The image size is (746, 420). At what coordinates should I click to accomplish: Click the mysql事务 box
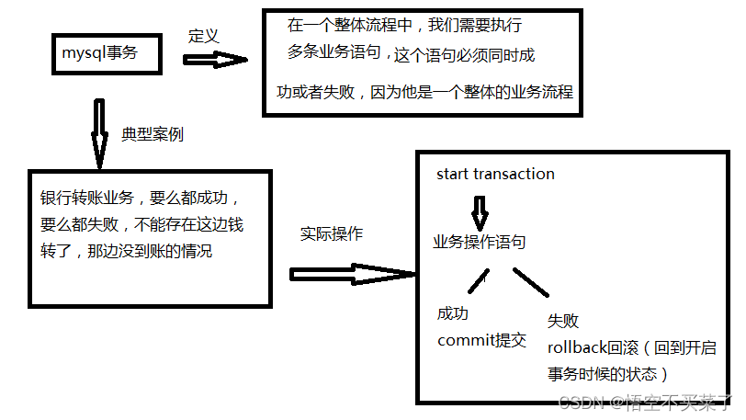[108, 54]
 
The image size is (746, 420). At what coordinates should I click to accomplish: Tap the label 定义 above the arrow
[203, 36]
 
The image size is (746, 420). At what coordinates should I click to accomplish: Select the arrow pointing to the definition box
[216, 59]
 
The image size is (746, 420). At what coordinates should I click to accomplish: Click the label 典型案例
[153, 134]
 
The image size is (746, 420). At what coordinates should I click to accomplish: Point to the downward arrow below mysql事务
[99, 132]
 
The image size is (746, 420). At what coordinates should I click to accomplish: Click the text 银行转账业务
[85, 198]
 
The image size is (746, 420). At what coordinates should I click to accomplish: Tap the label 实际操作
[331, 233]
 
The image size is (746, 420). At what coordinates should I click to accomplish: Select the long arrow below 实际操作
[353, 273]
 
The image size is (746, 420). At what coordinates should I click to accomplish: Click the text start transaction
[495, 174]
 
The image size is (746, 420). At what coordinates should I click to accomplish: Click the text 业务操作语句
[480, 242]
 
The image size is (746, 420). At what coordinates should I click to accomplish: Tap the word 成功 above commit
[453, 313]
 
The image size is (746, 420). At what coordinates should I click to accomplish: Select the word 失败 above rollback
[563, 321]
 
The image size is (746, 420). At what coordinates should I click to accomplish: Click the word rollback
[576, 347]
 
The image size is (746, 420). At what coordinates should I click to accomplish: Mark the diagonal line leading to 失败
[530, 282]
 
